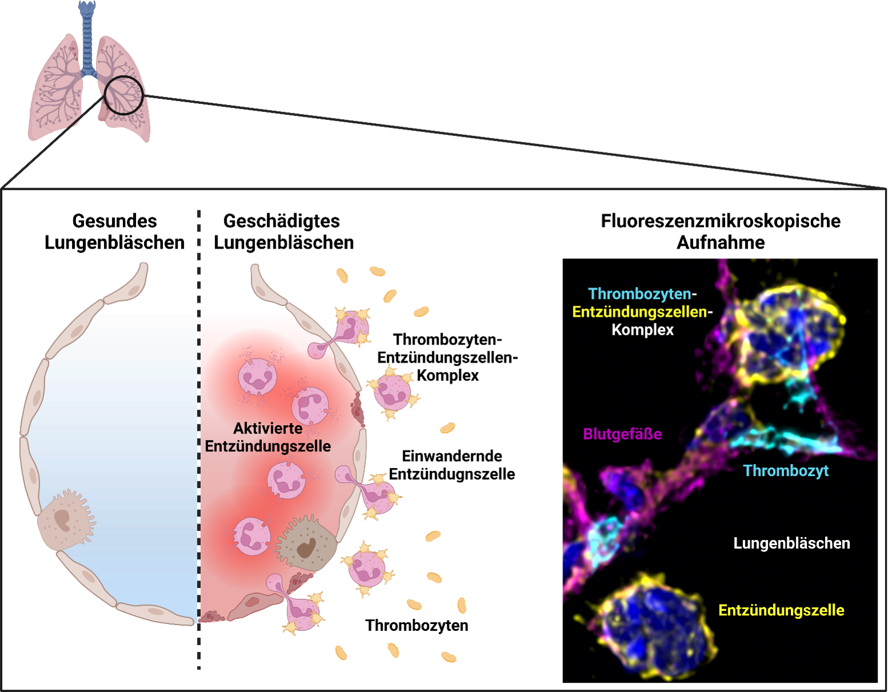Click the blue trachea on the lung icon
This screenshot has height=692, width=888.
click(x=87, y=40)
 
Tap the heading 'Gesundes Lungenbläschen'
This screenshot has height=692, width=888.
click(x=114, y=231)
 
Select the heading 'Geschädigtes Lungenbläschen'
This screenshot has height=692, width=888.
click(x=283, y=231)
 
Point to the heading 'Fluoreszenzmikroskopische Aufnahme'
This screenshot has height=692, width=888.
click(x=720, y=231)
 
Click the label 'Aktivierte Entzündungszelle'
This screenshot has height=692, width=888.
click(x=268, y=437)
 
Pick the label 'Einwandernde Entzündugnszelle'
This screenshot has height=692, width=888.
click(x=452, y=465)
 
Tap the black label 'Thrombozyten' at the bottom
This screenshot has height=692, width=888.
click(x=416, y=625)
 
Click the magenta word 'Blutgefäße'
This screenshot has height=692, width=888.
click(x=622, y=434)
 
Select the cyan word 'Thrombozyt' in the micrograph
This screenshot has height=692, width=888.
click(x=786, y=471)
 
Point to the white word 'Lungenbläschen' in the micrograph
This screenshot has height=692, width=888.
click(x=791, y=543)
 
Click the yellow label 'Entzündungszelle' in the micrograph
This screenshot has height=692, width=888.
click(x=781, y=610)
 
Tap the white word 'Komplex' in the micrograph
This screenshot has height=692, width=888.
click(x=643, y=330)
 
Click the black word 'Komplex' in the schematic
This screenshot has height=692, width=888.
click(x=448, y=375)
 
